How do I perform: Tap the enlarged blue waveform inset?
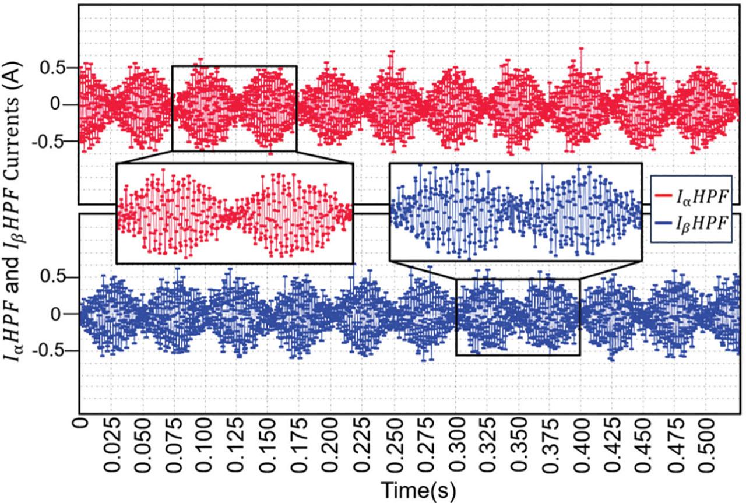(x=516, y=212)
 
